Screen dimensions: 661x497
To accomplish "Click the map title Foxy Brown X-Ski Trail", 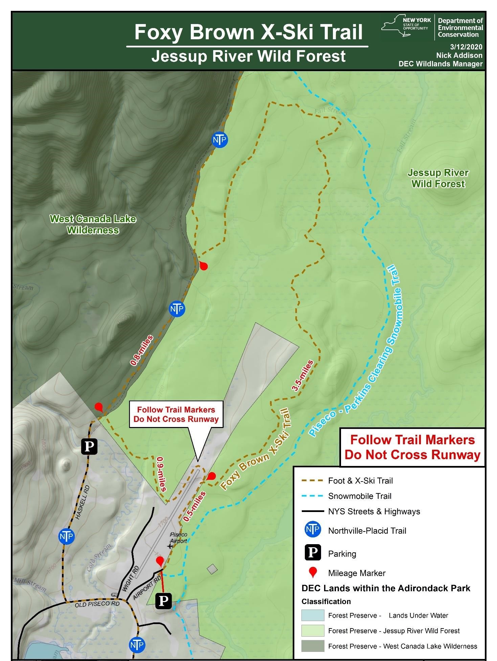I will [248, 32].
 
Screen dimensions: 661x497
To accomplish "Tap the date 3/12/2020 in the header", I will [466, 47].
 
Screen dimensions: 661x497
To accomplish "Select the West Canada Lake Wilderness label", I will [93, 225].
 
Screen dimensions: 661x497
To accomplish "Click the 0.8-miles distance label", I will [142, 350].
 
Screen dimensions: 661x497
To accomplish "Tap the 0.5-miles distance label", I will [194, 506].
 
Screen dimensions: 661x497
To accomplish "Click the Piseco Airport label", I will [178, 538].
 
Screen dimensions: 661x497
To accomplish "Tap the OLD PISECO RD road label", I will [97, 604].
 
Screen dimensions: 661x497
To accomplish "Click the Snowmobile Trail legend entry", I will [359, 496].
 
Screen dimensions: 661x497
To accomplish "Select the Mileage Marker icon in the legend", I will [313, 573].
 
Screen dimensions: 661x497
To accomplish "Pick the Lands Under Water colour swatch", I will [313, 615].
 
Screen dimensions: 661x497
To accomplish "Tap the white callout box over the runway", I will [176, 414].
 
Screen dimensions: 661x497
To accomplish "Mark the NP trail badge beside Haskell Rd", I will [66, 536].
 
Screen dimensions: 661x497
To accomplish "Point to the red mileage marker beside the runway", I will [211, 476].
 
